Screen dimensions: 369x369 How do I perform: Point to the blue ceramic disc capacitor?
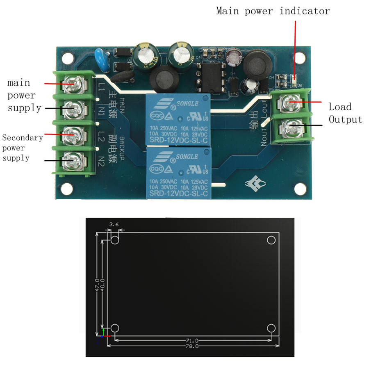(100, 55)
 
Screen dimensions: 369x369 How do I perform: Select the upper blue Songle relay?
(178, 119)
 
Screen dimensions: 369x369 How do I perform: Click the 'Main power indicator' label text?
(273, 11)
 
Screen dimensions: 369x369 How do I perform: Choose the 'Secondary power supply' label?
(22, 148)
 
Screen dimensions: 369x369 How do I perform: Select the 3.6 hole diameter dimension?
(114, 224)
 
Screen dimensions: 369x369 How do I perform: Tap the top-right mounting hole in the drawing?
(271, 240)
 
